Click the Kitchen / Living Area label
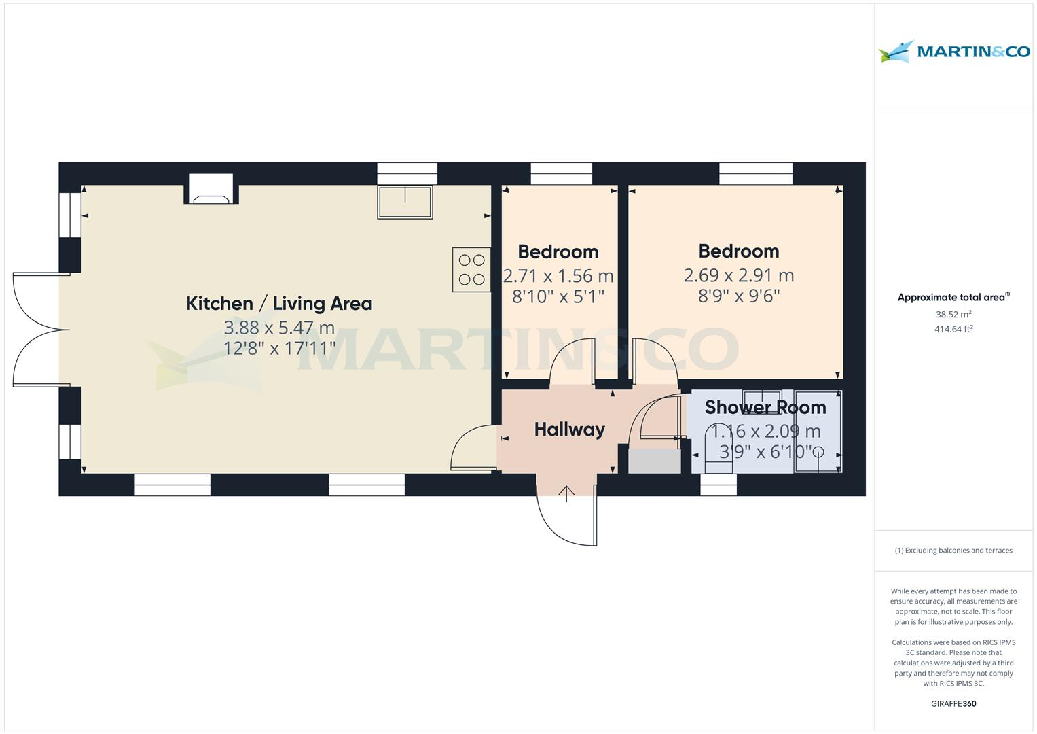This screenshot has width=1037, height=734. pyautogui.click(x=279, y=303)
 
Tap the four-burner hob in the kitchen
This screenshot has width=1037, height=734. pyautogui.click(x=471, y=270)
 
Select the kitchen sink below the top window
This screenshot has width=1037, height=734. pyautogui.click(x=405, y=202)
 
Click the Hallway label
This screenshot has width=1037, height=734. pyautogui.click(x=569, y=430)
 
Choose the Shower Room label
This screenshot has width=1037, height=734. pyautogui.click(x=765, y=407)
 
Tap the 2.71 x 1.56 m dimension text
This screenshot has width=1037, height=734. pyautogui.click(x=558, y=276)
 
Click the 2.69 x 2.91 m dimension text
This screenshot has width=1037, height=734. pyautogui.click(x=738, y=275)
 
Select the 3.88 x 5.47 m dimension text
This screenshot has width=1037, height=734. pyautogui.click(x=279, y=328)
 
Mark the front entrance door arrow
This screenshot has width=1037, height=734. pyautogui.click(x=567, y=493)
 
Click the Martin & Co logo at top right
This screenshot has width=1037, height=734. pyautogui.click(x=954, y=52)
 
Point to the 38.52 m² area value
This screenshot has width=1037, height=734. pyautogui.click(x=953, y=315)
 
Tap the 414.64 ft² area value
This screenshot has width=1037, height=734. pyautogui.click(x=953, y=330)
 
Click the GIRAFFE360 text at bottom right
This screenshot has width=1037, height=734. pyautogui.click(x=953, y=703)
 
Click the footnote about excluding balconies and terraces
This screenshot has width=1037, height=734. pyautogui.click(x=953, y=550)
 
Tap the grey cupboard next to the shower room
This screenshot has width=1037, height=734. pyautogui.click(x=655, y=461)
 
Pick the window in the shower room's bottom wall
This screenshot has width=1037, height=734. pyautogui.click(x=718, y=485)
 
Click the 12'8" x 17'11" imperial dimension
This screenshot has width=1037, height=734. pyautogui.click(x=279, y=348)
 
